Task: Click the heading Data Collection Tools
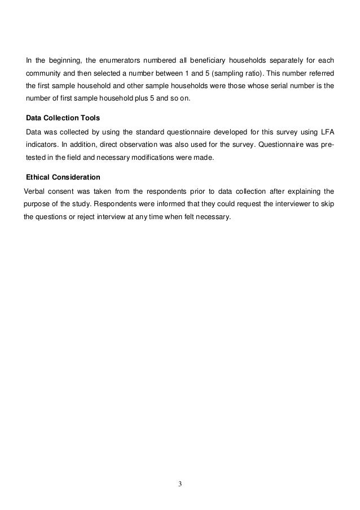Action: point(63,118)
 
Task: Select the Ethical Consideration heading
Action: point(63,177)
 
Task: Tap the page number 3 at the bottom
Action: point(181,483)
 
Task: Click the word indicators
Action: point(43,145)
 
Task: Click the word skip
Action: point(327,203)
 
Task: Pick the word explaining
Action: point(300,190)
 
